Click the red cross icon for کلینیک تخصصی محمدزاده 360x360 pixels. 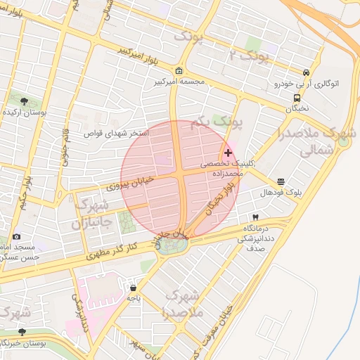[x=228, y=153]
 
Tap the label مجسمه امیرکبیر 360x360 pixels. [x=180, y=82]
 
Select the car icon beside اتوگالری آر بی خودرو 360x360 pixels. [x=306, y=72]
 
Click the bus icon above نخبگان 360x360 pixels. [x=297, y=98]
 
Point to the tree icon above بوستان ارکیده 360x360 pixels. [x=25, y=101]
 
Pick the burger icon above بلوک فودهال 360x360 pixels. [x=281, y=181]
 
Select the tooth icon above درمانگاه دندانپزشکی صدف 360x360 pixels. [x=255, y=218]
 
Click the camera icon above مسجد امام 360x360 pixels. [x=17, y=237]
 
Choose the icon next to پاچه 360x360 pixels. [x=134, y=288]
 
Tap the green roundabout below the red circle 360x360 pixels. [x=171, y=245]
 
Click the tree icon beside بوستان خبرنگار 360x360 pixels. [x=22, y=332]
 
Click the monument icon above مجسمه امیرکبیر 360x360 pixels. [x=179, y=71]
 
